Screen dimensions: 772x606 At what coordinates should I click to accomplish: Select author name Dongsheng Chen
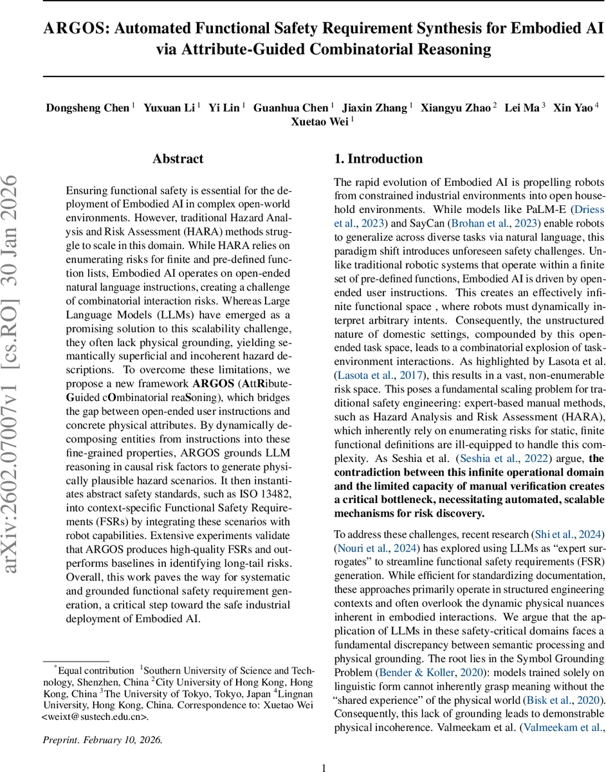click(x=87, y=107)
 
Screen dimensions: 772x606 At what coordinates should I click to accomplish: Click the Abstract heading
click(x=178, y=159)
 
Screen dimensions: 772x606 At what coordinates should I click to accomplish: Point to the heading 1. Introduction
click(x=378, y=159)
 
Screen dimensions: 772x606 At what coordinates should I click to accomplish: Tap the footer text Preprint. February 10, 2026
click(x=102, y=740)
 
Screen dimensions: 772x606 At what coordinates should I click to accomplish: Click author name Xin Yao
click(x=573, y=107)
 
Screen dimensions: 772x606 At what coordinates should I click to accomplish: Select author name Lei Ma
click(x=522, y=107)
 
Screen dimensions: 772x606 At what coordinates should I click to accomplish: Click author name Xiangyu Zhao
click(x=456, y=107)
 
